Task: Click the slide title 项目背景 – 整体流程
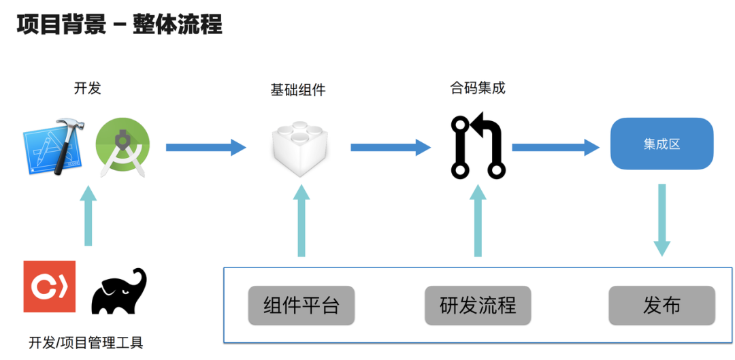tap(119, 25)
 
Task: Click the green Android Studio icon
tap(122, 147)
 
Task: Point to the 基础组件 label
tap(298, 89)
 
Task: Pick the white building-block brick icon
tap(299, 148)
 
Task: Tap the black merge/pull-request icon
tap(478, 147)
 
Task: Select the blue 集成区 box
tap(661, 144)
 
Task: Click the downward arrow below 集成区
tap(661, 220)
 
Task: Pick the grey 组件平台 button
tap(301, 305)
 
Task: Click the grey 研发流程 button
tap(478, 305)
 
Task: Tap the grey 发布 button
tap(661, 305)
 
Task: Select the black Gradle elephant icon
tap(120, 291)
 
